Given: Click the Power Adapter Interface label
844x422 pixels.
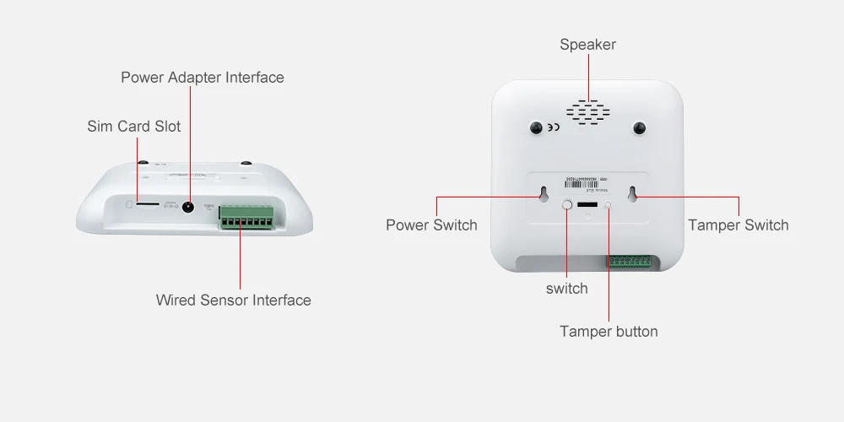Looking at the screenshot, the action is coord(203,78).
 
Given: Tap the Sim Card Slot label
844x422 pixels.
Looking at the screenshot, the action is coord(134,127).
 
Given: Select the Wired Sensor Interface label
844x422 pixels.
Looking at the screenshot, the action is coord(233,300).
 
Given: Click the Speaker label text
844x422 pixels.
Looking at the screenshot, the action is coord(588,45).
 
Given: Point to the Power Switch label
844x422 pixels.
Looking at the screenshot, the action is coord(431,225).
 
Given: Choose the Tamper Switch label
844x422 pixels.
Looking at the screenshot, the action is coord(738,225).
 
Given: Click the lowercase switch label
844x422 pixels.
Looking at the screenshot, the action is coord(566,289).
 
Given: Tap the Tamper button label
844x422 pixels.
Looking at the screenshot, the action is coord(609,331).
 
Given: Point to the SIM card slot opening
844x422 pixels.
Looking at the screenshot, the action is coord(147,204).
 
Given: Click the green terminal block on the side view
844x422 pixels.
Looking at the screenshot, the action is coord(246,217).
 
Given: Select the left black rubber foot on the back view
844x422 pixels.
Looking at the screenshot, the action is coord(535,127).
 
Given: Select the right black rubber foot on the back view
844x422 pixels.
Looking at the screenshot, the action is coord(640,127).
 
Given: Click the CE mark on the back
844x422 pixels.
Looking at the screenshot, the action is coord(553,128).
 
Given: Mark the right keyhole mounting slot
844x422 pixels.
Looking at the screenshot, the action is coord(631,193).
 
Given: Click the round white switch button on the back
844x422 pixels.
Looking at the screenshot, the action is coord(567,205).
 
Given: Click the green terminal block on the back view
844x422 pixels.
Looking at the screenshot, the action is coord(628,261).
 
